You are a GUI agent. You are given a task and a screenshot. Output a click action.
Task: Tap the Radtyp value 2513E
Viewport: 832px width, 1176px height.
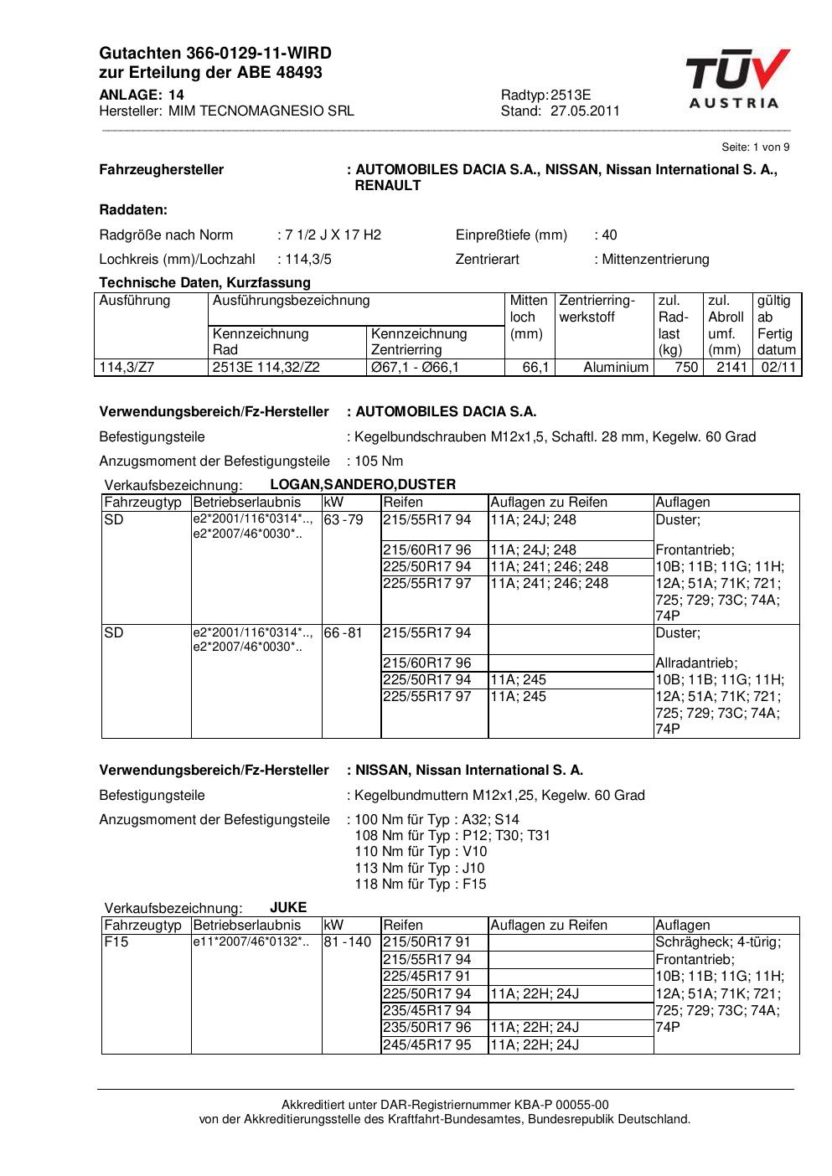pyautogui.click(x=571, y=95)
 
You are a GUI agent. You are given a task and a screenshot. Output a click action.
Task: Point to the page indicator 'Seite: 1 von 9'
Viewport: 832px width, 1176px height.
pyautogui.click(x=755, y=147)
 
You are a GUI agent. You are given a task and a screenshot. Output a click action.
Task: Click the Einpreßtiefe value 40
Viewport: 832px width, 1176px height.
pyautogui.click(x=609, y=235)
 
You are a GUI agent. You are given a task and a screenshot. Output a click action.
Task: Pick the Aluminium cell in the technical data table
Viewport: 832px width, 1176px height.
pyautogui.click(x=616, y=368)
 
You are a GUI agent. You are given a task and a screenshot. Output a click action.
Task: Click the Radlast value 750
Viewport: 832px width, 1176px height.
pyautogui.click(x=686, y=368)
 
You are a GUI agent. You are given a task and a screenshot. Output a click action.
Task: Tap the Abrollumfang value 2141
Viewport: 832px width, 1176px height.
pyautogui.click(x=731, y=368)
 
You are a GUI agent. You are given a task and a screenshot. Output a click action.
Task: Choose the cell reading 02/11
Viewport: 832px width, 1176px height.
pyautogui.click(x=778, y=368)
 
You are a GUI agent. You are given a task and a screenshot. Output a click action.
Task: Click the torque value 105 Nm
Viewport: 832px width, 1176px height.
pyautogui.click(x=379, y=462)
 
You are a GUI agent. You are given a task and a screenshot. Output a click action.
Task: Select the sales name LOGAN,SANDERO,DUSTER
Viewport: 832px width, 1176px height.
pyautogui.click(x=363, y=485)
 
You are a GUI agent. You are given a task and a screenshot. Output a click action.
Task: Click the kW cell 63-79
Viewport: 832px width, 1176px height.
pyautogui.click(x=344, y=520)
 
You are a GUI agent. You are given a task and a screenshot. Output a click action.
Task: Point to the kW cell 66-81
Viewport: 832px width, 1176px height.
pyautogui.click(x=344, y=633)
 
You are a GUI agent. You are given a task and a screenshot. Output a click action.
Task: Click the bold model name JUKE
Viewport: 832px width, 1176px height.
pyautogui.click(x=288, y=908)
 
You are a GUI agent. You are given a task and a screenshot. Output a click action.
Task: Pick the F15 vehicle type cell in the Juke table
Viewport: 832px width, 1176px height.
pyautogui.click(x=116, y=942)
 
